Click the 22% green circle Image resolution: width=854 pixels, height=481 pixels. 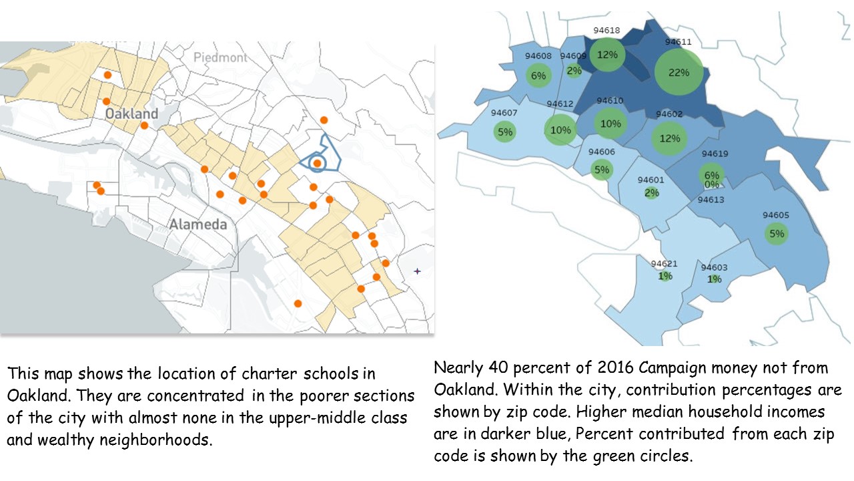(x=679, y=72)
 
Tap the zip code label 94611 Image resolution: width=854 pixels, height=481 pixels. (x=679, y=41)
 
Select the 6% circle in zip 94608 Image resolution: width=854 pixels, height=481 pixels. (x=538, y=75)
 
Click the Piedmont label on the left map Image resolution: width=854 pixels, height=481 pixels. (x=220, y=57)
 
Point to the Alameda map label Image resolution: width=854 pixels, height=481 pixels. (x=197, y=224)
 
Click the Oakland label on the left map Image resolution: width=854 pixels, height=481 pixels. (x=131, y=114)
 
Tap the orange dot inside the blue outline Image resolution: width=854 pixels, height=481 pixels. (x=318, y=163)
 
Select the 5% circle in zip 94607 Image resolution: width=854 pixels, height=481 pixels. (x=505, y=132)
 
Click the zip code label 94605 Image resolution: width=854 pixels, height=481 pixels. (x=776, y=215)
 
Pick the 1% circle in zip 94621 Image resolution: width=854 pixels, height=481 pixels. (x=665, y=276)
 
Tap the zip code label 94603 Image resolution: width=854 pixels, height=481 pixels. (x=714, y=267)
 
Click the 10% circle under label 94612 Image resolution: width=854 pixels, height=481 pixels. (x=560, y=130)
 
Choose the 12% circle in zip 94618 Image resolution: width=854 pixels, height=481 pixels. (x=608, y=55)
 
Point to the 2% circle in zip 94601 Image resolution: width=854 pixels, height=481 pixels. (x=652, y=193)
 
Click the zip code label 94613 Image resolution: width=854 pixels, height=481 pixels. (x=711, y=199)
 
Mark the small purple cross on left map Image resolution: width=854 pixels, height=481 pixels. (x=418, y=271)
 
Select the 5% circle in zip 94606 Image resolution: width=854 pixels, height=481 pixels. (x=602, y=170)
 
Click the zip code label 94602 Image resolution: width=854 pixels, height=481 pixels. (x=669, y=114)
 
